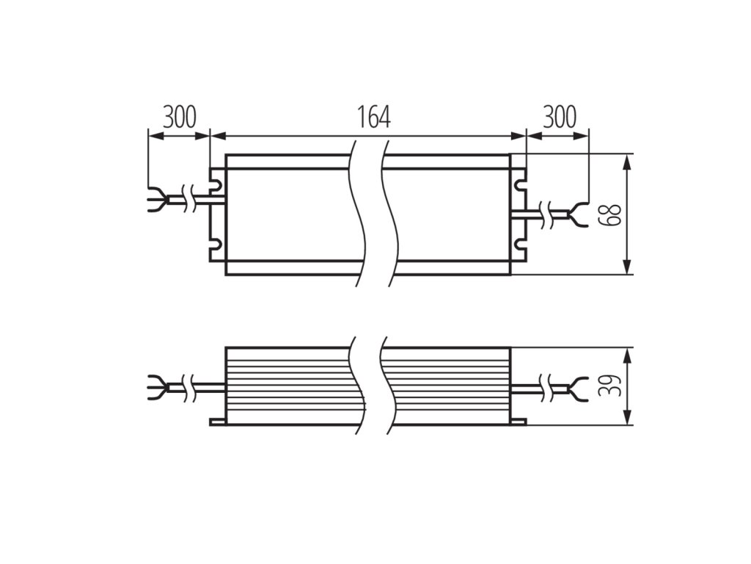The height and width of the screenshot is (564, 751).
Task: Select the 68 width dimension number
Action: click(x=612, y=214)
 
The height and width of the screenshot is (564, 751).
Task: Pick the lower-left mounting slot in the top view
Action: click(x=217, y=247)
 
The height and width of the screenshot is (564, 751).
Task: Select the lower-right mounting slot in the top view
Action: click(x=519, y=247)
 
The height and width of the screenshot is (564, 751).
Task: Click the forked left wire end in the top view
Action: click(x=155, y=199)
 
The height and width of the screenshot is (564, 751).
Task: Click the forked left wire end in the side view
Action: click(x=155, y=385)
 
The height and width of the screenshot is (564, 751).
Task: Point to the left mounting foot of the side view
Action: click(x=218, y=422)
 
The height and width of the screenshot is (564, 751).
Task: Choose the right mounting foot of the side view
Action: click(x=518, y=422)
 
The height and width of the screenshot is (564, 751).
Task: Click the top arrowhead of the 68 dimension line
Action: click(x=628, y=161)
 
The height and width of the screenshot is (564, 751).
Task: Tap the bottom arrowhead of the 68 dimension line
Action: click(x=628, y=268)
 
